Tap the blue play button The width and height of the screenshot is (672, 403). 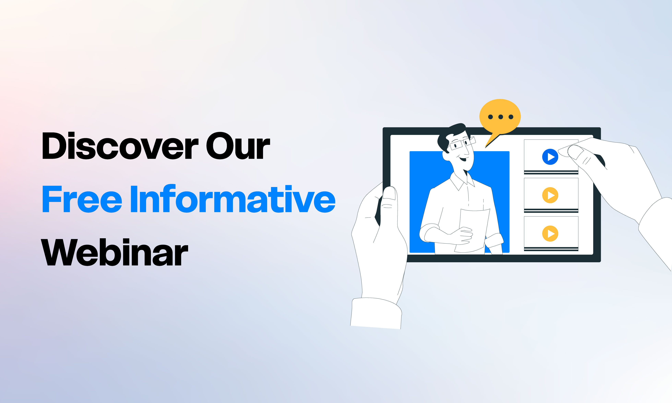[550, 157]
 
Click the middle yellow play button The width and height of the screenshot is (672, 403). [550, 195]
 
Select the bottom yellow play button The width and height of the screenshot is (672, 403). [550, 233]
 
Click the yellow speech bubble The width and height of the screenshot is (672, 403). [500, 117]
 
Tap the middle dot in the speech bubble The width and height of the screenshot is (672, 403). [501, 117]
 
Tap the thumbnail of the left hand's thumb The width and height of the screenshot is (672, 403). [389, 193]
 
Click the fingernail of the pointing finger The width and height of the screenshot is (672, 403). [574, 152]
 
